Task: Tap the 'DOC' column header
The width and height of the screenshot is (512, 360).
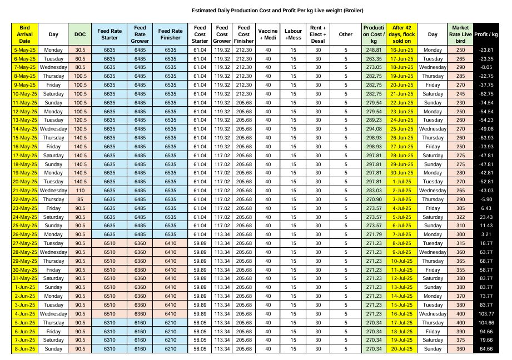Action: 80,34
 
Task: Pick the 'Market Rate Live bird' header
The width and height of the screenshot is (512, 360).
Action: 460,34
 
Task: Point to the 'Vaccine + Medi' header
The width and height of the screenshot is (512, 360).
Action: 268,34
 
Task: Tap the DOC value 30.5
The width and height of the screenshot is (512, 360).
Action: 80,50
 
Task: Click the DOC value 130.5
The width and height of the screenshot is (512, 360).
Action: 80,128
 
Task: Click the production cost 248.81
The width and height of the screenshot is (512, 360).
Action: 374,50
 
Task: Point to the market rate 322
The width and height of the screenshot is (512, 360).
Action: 460,217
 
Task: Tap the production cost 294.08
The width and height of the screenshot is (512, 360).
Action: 374,128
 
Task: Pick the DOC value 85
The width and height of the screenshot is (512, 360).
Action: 80,198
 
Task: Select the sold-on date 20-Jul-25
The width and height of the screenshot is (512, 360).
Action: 401,348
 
